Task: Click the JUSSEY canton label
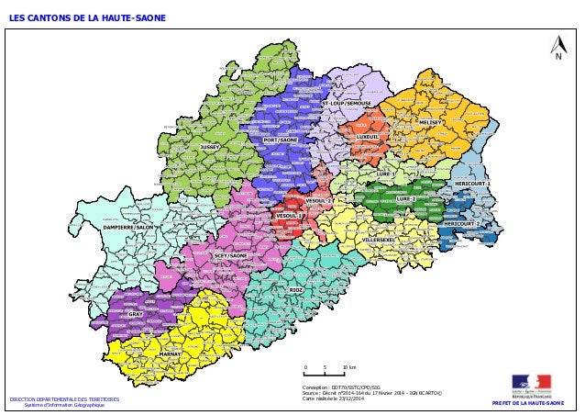[210, 146]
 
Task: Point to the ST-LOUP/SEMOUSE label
[346, 104]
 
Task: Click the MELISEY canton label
[430, 121]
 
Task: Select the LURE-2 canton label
[406, 198]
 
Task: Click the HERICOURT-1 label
[473, 184]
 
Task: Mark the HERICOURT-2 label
[462, 223]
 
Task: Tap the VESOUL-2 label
[318, 200]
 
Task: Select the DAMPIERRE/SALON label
[128, 226]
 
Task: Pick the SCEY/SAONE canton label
[230, 255]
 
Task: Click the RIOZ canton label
[295, 289]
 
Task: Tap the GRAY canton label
[135, 314]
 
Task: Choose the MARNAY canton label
[170, 353]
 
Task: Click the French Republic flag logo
[531, 383]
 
